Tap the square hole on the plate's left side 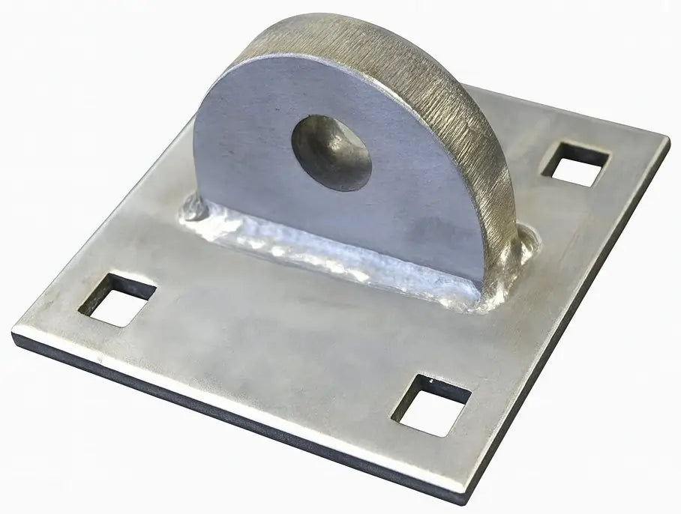point(117,299)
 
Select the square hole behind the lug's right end point(575,164)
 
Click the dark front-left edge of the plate point(225,420)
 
